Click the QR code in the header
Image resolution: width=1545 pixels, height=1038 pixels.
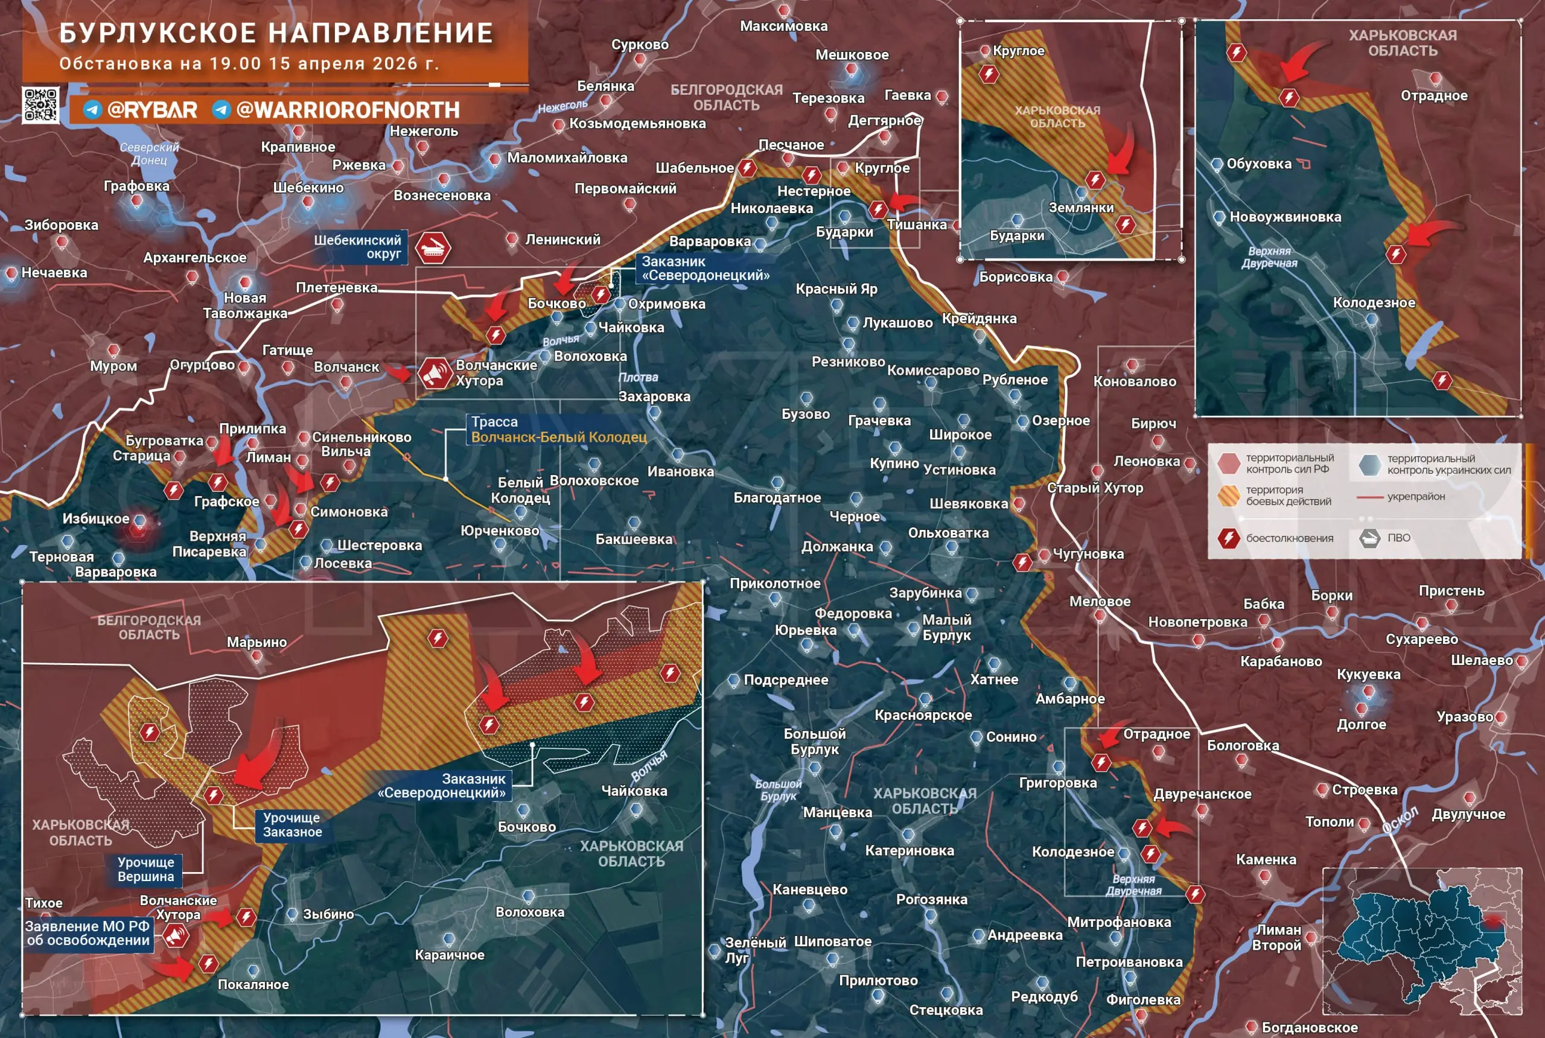click(x=40, y=104)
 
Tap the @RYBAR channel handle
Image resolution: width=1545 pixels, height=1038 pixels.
click(x=151, y=110)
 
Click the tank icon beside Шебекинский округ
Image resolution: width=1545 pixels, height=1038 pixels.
click(x=433, y=247)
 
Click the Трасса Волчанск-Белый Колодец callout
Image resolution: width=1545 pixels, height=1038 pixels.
click(x=558, y=430)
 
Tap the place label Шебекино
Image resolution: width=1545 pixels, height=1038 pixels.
click(x=308, y=187)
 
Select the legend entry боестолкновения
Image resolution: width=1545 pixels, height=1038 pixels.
click(x=1289, y=538)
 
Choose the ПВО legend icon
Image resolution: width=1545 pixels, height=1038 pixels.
click(x=1369, y=538)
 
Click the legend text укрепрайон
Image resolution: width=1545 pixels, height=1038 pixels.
click(x=1416, y=497)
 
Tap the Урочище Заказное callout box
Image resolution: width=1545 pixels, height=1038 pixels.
click(x=292, y=825)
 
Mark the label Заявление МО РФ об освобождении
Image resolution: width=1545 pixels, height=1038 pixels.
click(x=88, y=934)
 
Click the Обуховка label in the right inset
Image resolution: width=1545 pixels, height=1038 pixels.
click(x=1258, y=164)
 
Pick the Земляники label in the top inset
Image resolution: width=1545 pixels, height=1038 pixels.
click(x=1081, y=207)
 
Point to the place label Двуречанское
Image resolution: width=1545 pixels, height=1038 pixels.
click(x=1202, y=794)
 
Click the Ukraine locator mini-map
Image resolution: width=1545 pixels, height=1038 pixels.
click(x=1422, y=941)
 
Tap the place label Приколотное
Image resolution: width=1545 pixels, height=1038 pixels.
click(x=774, y=583)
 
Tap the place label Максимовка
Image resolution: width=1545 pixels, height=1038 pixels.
click(x=783, y=26)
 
